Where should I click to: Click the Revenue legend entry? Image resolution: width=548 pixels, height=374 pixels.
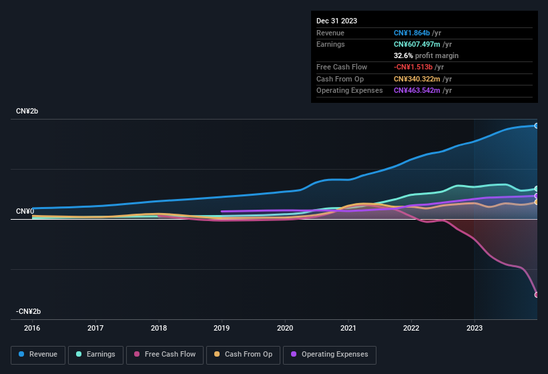click(38, 355)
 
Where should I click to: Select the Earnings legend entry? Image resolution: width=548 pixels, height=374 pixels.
click(95, 355)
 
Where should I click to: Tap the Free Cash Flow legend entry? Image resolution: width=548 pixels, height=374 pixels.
click(165, 355)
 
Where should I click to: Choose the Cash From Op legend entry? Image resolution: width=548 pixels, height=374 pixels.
click(243, 355)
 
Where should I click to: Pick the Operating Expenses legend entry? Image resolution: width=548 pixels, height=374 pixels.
click(329, 355)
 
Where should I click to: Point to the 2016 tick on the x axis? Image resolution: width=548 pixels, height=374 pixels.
click(32, 328)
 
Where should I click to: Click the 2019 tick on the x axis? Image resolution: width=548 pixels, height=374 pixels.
click(222, 328)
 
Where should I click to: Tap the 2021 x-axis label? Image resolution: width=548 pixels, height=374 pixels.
click(348, 328)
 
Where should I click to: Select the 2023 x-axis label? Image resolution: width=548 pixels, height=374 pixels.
click(474, 328)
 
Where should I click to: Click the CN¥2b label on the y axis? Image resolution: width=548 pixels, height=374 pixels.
click(27, 112)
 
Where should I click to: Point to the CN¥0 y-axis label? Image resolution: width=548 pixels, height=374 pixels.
click(25, 212)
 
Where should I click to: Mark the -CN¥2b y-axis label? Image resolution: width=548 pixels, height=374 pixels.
click(29, 312)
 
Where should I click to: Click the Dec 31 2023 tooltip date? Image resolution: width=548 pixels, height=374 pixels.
click(336, 21)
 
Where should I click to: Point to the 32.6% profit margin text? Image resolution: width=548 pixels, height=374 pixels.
click(426, 55)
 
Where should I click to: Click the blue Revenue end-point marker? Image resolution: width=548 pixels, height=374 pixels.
click(537, 126)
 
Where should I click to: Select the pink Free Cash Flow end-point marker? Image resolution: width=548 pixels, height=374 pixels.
click(537, 295)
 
